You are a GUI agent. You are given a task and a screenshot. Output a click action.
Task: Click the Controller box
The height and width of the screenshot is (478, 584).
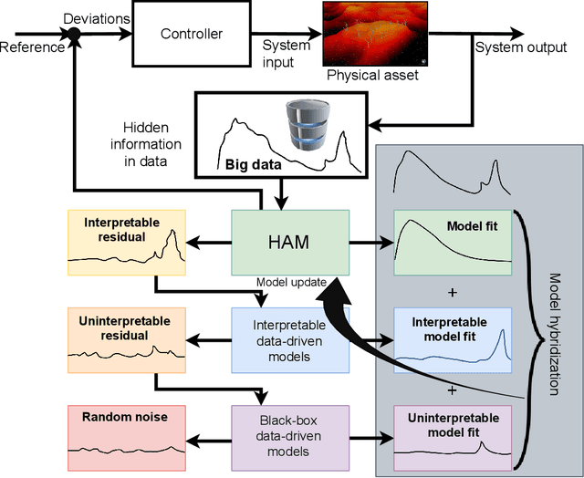coord(192,35)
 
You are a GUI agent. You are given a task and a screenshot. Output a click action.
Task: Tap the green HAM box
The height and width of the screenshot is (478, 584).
coord(289,241)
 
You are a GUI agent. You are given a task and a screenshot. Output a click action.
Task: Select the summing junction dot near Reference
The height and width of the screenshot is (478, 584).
coord(74,36)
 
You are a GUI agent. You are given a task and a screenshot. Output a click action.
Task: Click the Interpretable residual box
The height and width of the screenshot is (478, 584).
coord(127,243)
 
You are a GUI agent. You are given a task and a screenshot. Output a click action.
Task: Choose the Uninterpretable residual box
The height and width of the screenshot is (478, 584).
coord(127,339)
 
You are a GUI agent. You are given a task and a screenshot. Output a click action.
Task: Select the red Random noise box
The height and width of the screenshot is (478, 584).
coord(127,434)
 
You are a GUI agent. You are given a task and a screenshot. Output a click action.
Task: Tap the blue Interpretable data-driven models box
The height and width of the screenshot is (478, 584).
coord(289,339)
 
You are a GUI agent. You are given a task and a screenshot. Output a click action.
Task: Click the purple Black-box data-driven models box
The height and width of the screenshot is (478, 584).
coord(289,434)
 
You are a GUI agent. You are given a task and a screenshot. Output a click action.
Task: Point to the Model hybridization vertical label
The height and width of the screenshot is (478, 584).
coord(559,334)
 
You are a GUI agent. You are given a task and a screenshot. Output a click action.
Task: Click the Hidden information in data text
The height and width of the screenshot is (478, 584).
coord(152,144)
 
